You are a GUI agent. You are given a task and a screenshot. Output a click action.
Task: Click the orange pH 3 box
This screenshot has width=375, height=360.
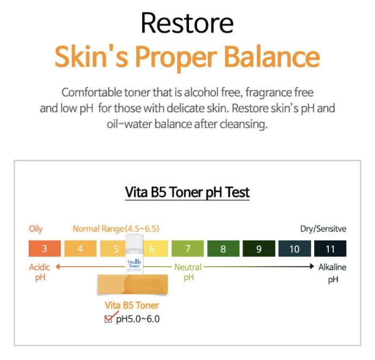coord(45,249)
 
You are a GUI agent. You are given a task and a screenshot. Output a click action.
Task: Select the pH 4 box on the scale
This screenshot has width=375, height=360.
coord(80,249)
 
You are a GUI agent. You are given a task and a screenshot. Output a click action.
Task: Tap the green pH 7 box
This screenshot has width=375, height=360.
coord(188,249)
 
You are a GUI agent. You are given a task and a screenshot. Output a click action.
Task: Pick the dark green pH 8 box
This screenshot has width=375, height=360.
coord(223,249)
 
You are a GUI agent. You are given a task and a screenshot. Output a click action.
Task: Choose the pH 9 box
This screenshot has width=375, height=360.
coord(259,249)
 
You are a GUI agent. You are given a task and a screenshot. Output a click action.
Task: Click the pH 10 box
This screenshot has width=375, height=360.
coord(295,249)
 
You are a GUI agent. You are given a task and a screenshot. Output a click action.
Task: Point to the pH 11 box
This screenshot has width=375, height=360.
coord(330,249)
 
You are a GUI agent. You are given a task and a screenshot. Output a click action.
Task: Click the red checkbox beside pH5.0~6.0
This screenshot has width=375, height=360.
coord(109,319)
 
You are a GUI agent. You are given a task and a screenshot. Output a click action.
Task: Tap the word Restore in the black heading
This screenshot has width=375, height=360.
coord(187,23)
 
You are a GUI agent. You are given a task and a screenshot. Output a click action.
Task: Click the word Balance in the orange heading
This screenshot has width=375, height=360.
coord(272,57)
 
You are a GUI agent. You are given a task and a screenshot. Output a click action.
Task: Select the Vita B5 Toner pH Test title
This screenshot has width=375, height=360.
coord(187,192)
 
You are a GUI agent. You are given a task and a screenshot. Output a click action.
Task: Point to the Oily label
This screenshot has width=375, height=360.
coord(36,229)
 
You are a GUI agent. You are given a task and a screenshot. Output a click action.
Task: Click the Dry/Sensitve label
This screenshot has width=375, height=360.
coord(323,229)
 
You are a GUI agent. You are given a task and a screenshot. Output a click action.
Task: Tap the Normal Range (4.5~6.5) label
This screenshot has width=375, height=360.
coord(116,229)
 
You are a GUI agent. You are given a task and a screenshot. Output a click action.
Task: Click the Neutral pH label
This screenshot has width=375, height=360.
coord(188,272)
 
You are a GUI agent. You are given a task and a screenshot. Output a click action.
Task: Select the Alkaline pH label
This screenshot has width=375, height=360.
coord(333,273)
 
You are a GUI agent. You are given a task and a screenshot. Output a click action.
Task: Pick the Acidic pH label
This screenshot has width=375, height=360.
coord(40,272)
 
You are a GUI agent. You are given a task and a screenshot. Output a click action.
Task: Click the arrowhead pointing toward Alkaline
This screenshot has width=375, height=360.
coord(312,267)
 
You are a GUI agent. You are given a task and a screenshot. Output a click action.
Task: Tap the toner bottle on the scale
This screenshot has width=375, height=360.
coord(135,254)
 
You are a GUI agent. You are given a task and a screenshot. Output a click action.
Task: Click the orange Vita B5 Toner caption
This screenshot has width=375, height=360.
coord(132,305)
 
